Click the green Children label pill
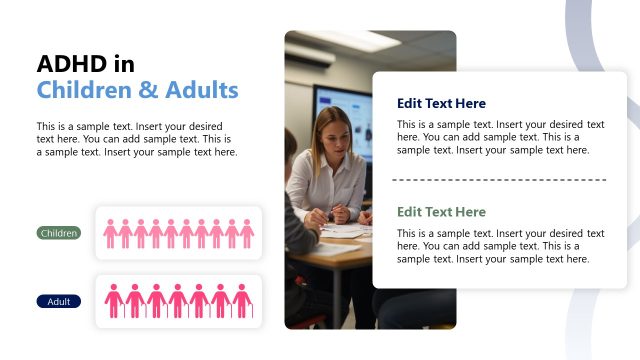(59, 233)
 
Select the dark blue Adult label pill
(59, 301)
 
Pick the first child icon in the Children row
(111, 234)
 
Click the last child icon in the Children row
(247, 234)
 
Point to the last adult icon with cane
(242, 301)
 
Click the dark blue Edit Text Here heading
(441, 103)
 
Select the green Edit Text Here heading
(441, 212)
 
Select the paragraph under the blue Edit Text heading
(500, 137)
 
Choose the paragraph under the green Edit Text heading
(500, 246)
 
